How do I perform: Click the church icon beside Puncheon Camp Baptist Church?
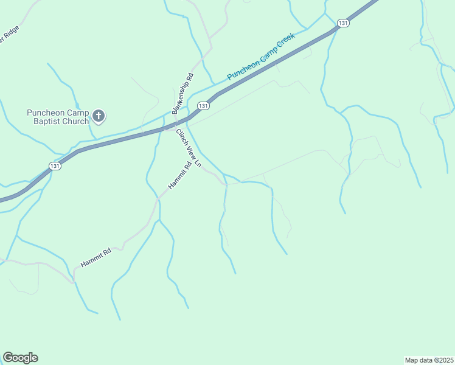click(x=99, y=115)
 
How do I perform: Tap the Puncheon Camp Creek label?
click(x=260, y=57)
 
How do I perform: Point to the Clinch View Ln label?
click(x=189, y=148)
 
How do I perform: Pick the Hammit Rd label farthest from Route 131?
click(x=96, y=259)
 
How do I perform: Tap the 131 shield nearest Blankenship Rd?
click(x=204, y=106)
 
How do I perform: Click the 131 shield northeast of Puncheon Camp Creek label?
click(x=344, y=23)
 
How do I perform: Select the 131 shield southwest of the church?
click(x=55, y=166)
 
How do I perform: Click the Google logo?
click(x=20, y=358)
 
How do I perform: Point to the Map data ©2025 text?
click(x=429, y=360)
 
